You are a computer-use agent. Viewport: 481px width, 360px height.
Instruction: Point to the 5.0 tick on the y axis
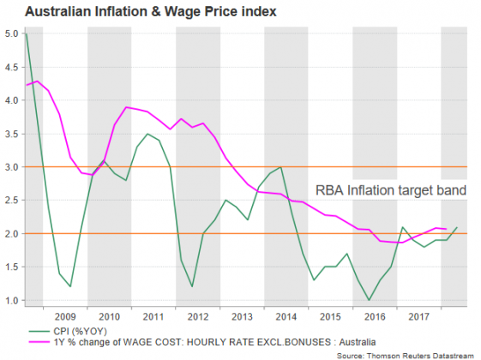[x=11, y=33]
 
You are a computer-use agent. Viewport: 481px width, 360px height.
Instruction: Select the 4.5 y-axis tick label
[x=11, y=67]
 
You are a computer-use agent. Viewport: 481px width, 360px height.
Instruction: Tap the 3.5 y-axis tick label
[x=11, y=134]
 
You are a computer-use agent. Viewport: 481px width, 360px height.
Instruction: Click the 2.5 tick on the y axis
[x=11, y=201]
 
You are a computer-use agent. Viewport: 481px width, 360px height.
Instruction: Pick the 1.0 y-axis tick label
[x=11, y=300]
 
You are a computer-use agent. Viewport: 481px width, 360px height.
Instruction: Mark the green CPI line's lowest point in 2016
[x=369, y=300]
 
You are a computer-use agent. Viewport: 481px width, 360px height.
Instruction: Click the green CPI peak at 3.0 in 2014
[x=280, y=167]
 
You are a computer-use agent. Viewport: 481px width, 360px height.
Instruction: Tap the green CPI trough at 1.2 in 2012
[x=192, y=286]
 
